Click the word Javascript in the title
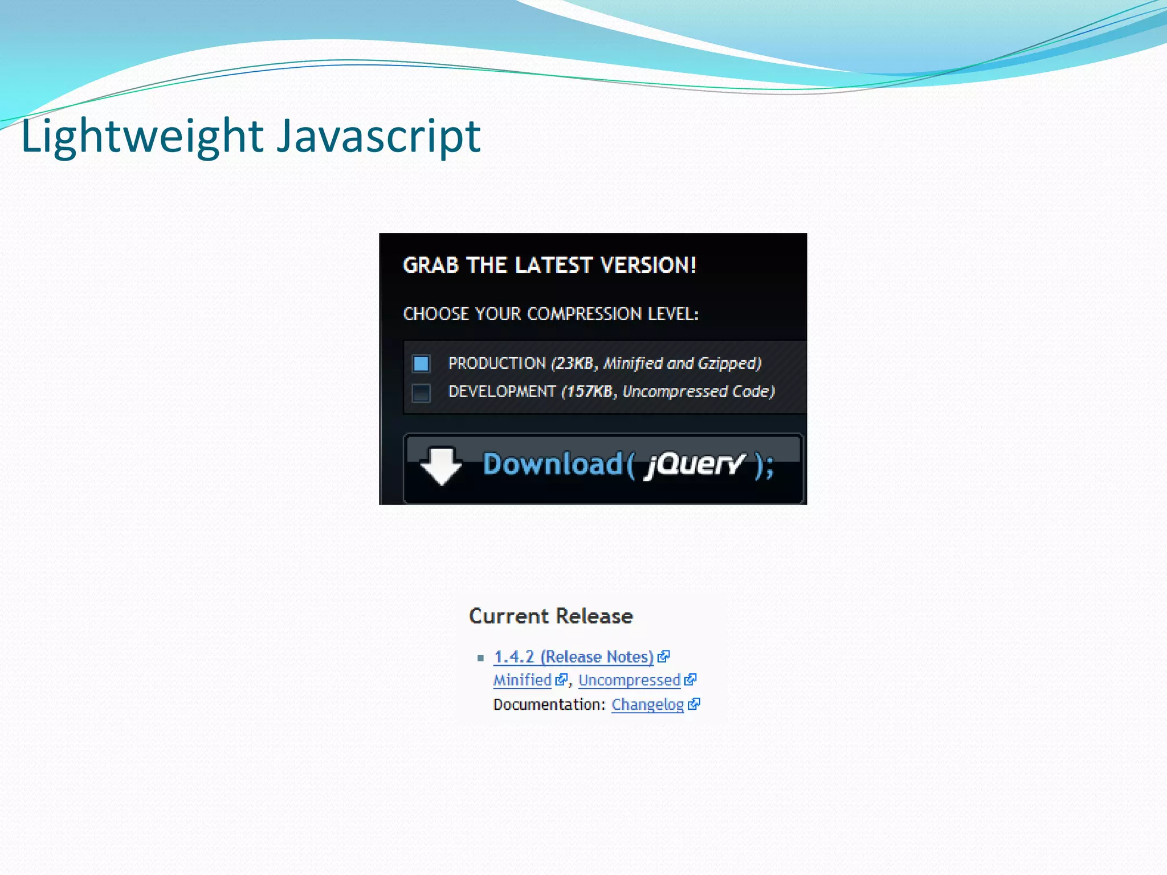click(x=379, y=137)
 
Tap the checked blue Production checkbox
click(x=421, y=363)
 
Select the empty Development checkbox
click(x=421, y=392)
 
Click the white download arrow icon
click(x=441, y=465)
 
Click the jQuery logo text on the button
click(x=694, y=465)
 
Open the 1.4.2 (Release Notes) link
click(x=573, y=657)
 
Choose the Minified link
click(x=523, y=680)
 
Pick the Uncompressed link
click(x=630, y=680)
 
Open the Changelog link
click(x=648, y=705)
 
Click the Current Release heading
click(x=551, y=616)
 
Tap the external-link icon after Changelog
click(x=694, y=705)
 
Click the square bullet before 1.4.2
click(x=480, y=659)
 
